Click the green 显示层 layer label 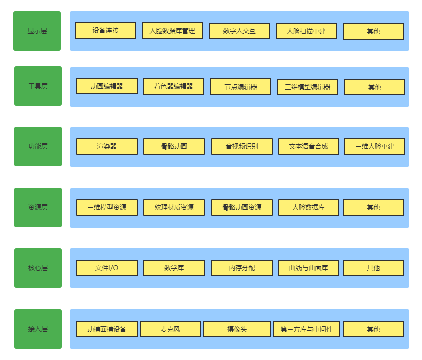click(x=37, y=31)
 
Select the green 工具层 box click(x=38, y=86)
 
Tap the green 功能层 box click(x=38, y=146)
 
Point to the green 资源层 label click(x=38, y=208)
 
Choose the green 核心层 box click(x=38, y=268)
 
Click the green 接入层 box click(x=38, y=329)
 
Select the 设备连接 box click(x=105, y=31)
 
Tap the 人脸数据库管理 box click(x=172, y=31)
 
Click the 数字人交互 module click(x=239, y=31)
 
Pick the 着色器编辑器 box click(x=173, y=86)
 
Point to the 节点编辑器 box click(x=240, y=86)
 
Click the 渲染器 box click(x=107, y=146)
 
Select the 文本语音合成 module click(x=308, y=146)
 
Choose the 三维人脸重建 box click(x=374, y=146)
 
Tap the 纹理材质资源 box click(x=174, y=208)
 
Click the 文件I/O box click(x=107, y=268)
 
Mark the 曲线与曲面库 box click(x=308, y=268)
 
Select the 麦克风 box click(x=170, y=329)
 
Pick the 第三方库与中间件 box click(x=306, y=329)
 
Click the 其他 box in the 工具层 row click(x=374, y=87)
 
